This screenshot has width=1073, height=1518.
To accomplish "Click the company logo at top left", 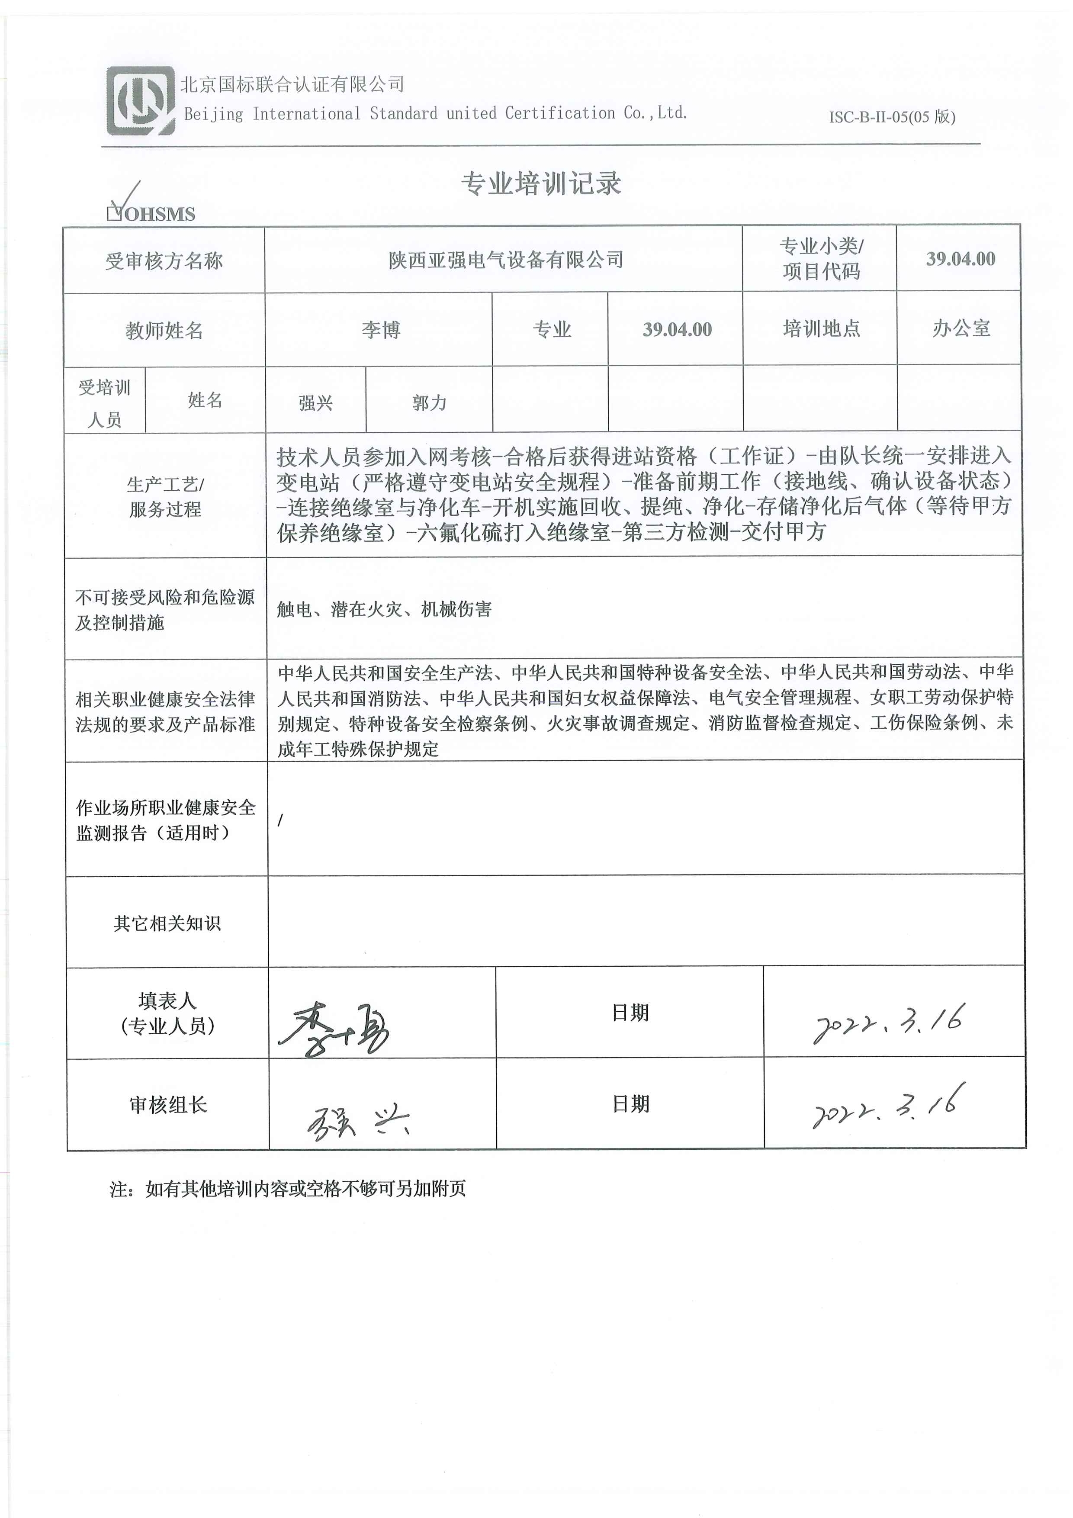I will click(x=140, y=101).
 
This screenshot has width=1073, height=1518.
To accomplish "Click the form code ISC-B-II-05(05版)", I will click(x=892, y=117).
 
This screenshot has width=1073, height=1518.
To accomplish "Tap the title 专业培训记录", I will click(x=541, y=183).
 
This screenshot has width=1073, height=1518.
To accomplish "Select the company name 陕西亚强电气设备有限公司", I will click(x=506, y=260).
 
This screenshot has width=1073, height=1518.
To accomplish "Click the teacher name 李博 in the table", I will click(x=381, y=329).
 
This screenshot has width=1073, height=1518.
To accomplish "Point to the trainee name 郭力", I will click(x=429, y=402).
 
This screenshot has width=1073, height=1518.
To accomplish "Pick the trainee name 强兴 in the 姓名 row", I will click(x=315, y=402).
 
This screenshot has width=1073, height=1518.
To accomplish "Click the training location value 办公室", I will click(x=961, y=328).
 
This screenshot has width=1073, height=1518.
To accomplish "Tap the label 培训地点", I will click(x=821, y=328).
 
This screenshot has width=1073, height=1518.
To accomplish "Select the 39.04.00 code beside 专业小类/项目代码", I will click(x=960, y=258).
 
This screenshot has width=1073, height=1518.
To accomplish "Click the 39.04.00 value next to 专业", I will click(x=677, y=329).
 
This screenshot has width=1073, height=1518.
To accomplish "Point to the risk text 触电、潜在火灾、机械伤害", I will click(x=384, y=609).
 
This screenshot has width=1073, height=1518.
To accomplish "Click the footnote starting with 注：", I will click(x=288, y=1189).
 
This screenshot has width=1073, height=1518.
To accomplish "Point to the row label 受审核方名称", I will click(x=164, y=261).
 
